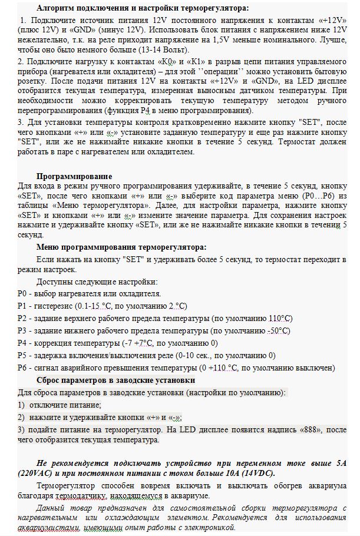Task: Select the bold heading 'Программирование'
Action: click(74, 176)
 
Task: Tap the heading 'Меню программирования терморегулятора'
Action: click(121, 247)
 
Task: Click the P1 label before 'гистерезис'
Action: click(22, 305)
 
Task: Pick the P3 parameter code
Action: click(22, 330)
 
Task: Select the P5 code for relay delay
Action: click(22, 355)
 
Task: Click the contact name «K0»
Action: click(168, 61)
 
